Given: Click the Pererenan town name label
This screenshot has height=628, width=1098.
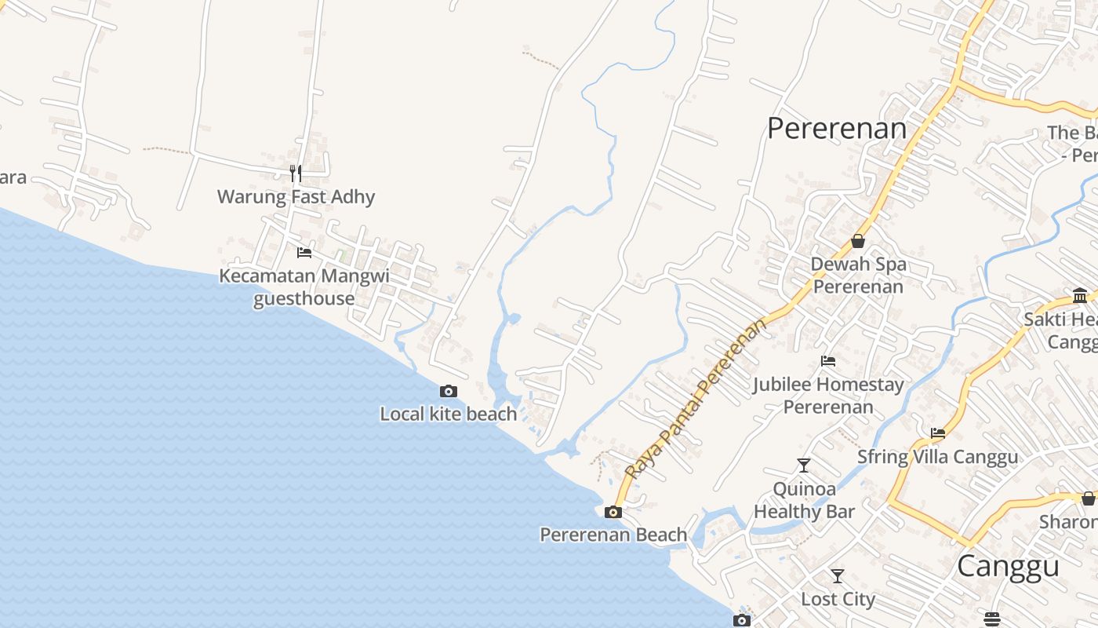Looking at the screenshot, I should (x=837, y=128).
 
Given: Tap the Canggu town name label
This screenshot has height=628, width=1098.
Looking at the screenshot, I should (x=1008, y=565).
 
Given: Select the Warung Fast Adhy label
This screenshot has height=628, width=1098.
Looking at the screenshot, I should (x=296, y=196).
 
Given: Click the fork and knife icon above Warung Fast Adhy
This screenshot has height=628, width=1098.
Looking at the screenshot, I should (x=296, y=173).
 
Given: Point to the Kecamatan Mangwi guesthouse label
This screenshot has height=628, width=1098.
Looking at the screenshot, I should (x=304, y=287).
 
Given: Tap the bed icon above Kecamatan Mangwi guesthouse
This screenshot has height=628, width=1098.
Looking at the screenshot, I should (x=304, y=253).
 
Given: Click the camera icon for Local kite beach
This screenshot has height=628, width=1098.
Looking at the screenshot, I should (x=449, y=391).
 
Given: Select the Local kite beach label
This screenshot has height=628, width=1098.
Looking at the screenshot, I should (x=449, y=414).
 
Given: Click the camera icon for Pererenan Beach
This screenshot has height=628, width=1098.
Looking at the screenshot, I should (x=613, y=512).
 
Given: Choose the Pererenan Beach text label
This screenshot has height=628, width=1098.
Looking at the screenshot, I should (x=613, y=535).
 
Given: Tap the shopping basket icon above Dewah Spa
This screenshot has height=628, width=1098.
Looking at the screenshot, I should (x=858, y=241).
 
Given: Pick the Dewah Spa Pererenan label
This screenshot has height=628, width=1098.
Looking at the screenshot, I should (x=858, y=275).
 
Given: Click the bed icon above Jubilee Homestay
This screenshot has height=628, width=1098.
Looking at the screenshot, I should (x=828, y=361).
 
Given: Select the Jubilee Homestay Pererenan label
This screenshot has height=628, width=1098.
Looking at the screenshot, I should (x=828, y=396).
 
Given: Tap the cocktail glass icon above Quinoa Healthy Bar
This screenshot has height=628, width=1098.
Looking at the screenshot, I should (x=804, y=466).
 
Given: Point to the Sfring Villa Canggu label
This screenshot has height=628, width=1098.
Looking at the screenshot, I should (x=937, y=456).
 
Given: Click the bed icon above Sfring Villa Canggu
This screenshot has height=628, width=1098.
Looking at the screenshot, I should (x=938, y=433).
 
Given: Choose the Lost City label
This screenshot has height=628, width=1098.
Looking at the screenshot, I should (x=838, y=599).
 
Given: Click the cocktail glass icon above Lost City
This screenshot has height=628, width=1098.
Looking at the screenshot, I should (x=838, y=576).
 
